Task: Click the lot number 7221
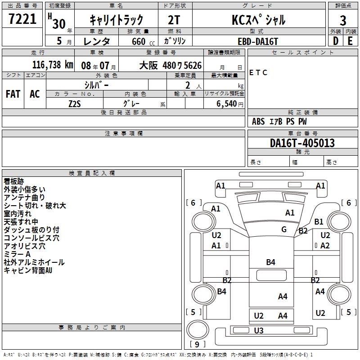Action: pyautogui.click(x=22, y=19)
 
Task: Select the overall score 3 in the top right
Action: pyautogui.click(x=343, y=20)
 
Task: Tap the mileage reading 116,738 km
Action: pyautogui.click(x=53, y=65)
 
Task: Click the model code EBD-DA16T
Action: pyautogui.click(x=258, y=41)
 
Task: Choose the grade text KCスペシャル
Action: pyautogui.click(x=258, y=20)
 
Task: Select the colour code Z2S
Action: pyautogui.click(x=74, y=103)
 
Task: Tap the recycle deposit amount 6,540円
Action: pyautogui.click(x=229, y=103)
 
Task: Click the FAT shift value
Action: pyautogui.click(x=13, y=94)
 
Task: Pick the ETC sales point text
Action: pyautogui.click(x=258, y=72)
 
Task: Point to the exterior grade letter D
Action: pyautogui.click(x=335, y=41)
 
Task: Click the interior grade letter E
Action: pyautogui.click(x=350, y=41)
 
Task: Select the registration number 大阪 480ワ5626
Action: pyautogui.click(x=170, y=65)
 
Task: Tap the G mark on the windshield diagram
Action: pyautogui.click(x=284, y=229)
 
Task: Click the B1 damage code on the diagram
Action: pyautogui.click(x=319, y=221)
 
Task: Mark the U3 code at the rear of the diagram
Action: pyautogui.click(x=258, y=331)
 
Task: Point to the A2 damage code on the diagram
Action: pyautogui.click(x=325, y=245)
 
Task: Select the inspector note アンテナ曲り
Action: pyautogui.click(x=24, y=197)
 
